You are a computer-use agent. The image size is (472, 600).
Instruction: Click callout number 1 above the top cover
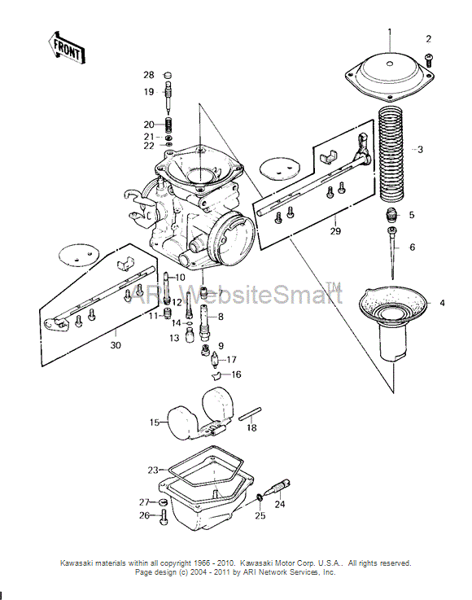390,32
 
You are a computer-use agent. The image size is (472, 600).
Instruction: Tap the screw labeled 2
429,60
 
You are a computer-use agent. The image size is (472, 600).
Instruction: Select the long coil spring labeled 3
392,155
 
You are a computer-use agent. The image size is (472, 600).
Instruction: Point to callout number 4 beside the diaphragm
442,303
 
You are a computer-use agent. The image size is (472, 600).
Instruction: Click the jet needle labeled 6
392,252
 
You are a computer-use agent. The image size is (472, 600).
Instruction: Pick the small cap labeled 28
168,75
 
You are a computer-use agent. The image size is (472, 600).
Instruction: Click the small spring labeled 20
168,125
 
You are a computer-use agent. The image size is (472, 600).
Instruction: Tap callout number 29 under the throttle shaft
335,231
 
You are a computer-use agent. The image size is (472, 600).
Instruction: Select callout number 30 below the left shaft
116,345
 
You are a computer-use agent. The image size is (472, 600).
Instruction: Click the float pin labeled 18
250,414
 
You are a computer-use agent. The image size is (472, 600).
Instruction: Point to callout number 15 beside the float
154,423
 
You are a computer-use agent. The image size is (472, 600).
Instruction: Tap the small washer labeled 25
260,497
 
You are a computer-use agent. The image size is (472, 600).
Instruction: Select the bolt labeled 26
164,518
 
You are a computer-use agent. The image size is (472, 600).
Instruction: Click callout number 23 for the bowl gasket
153,470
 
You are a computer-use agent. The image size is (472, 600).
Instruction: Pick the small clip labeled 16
216,375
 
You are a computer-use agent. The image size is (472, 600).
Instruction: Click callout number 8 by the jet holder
221,317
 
